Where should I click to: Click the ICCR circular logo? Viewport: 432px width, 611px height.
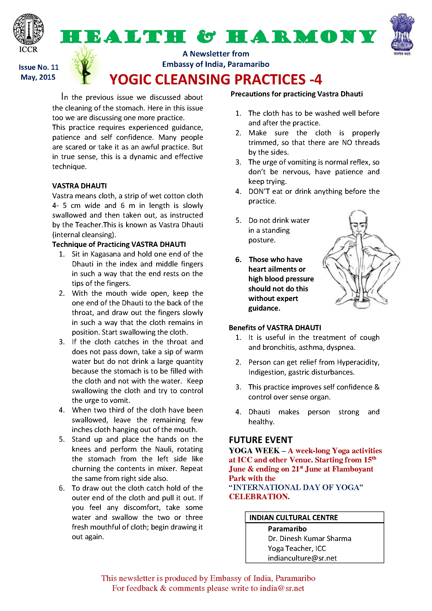coord(28,29)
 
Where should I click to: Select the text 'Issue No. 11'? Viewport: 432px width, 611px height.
coord(39,67)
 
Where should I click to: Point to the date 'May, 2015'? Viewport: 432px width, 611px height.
coord(38,77)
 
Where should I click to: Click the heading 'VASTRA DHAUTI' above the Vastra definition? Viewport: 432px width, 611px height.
coord(79,186)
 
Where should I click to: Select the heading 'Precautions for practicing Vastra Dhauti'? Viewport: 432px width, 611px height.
coord(296,94)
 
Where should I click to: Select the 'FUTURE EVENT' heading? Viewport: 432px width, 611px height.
coord(260,440)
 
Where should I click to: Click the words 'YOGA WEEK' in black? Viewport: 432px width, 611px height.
coord(254,451)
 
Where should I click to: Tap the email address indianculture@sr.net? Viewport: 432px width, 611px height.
coord(302,558)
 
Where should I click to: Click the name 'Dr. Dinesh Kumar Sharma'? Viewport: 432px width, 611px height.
coord(309,538)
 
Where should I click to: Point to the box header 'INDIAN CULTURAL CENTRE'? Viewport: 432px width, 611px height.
coord(293,517)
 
